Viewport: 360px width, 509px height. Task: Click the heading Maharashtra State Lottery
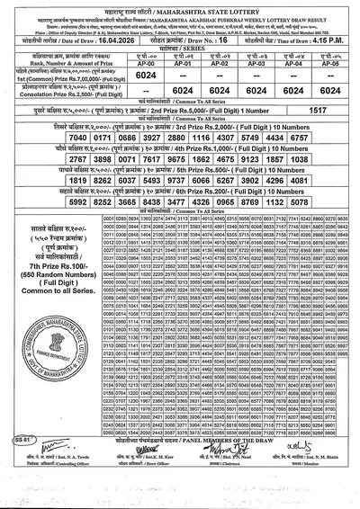click(179, 10)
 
